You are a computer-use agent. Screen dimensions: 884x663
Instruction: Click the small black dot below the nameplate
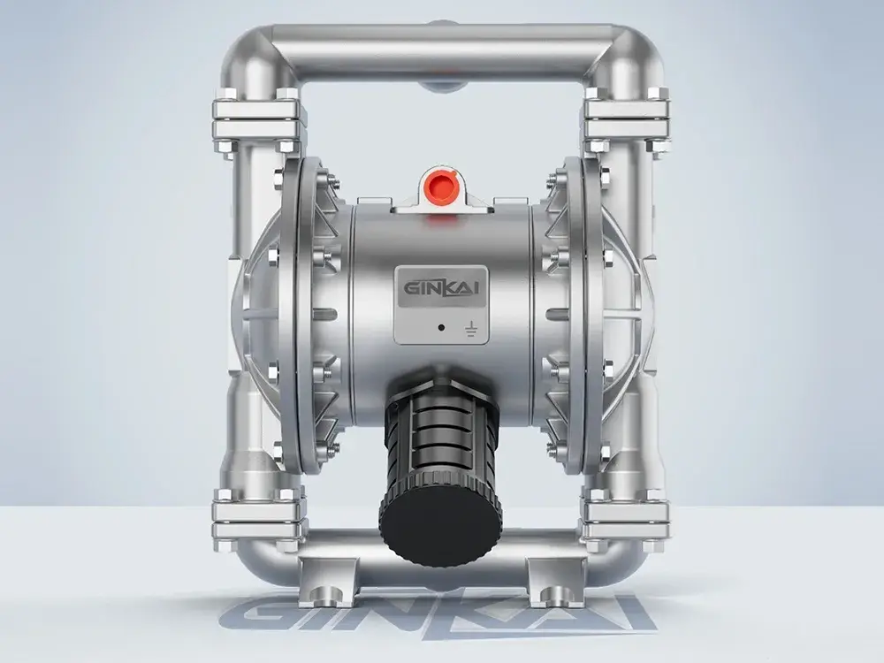coord(441,327)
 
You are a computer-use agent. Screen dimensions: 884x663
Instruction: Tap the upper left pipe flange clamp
coord(257,119)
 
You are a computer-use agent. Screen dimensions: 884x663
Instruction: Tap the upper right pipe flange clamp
coord(626,119)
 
